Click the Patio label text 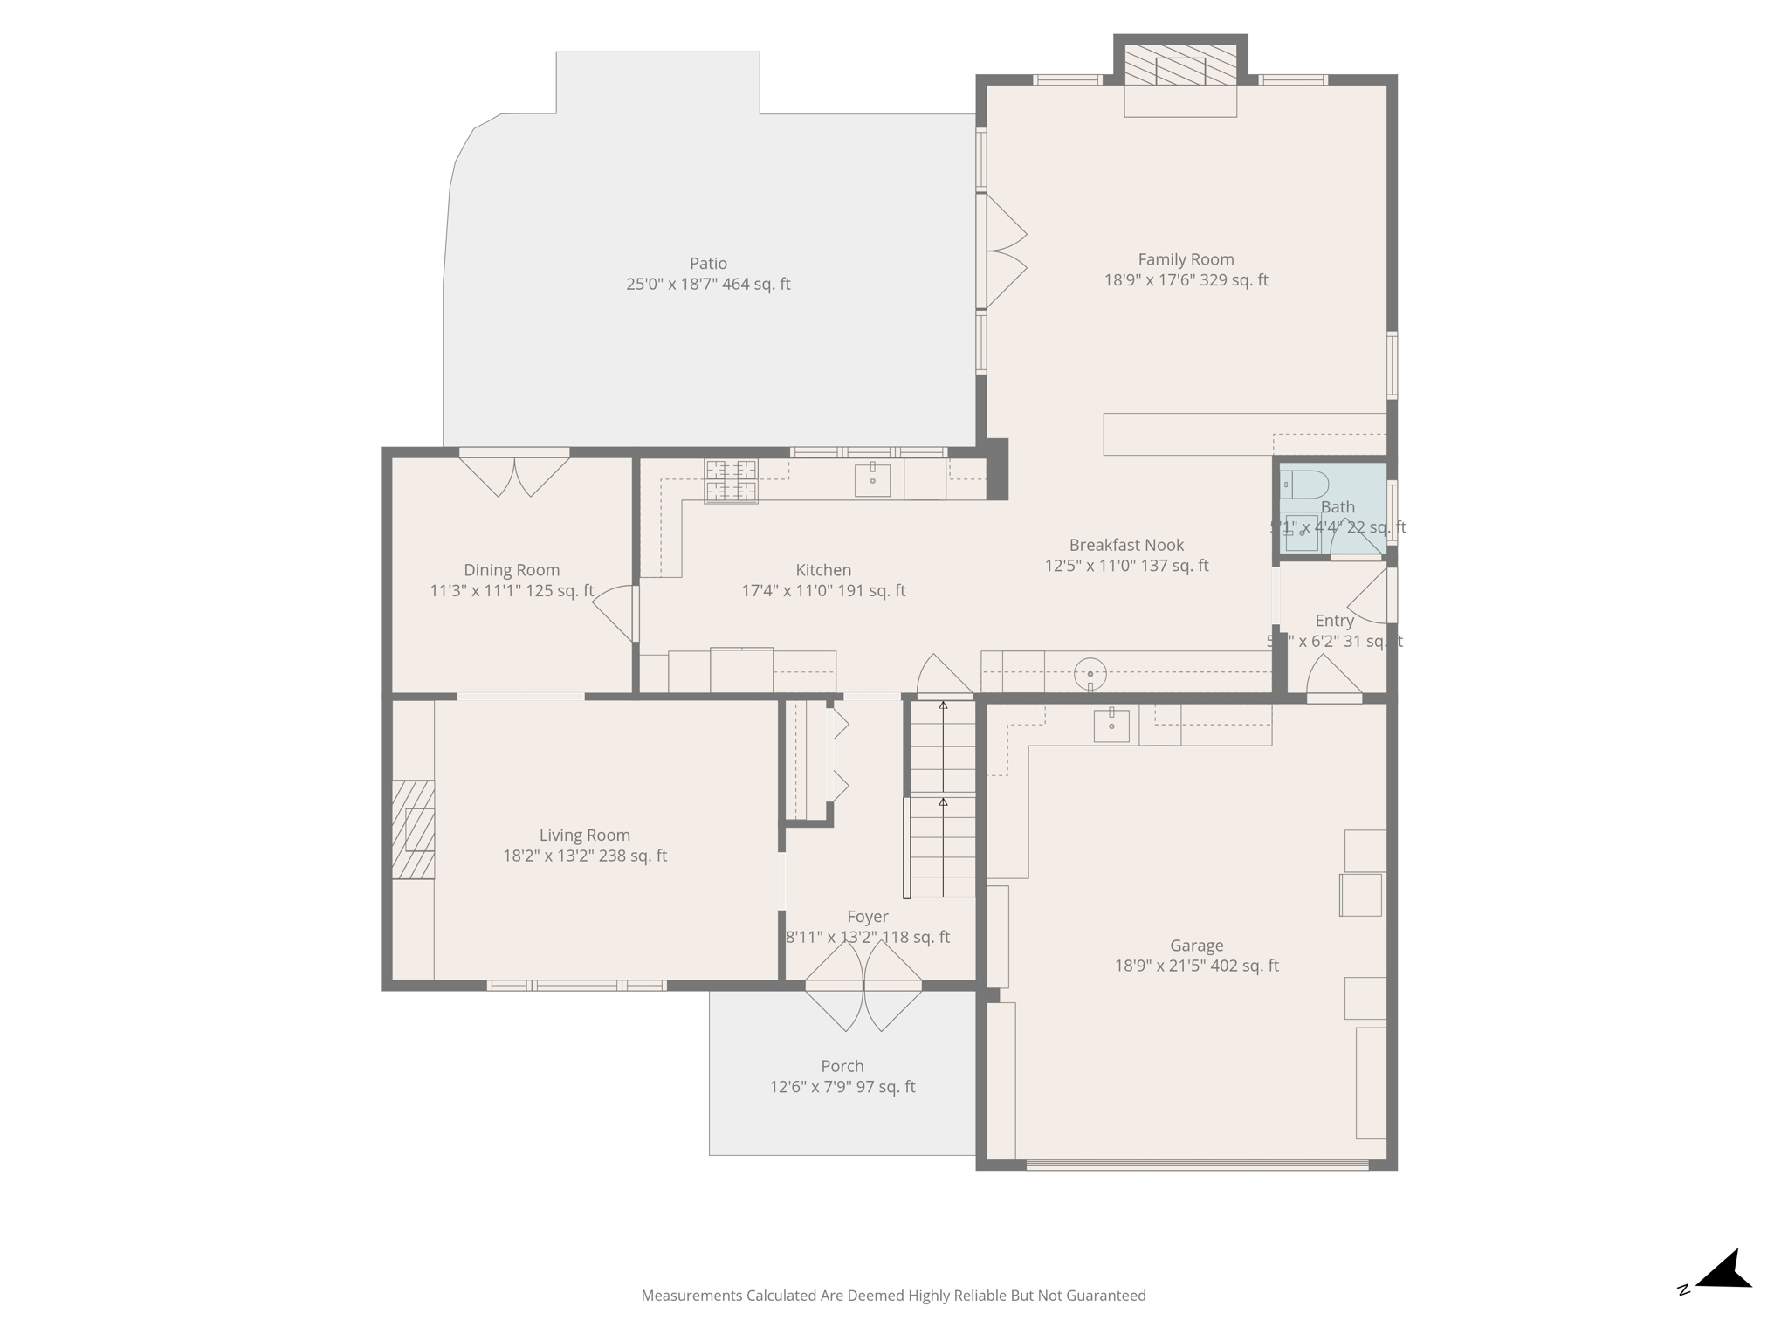pyautogui.click(x=708, y=264)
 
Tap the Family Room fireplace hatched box pyautogui.click(x=1180, y=66)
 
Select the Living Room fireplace pyautogui.click(x=414, y=829)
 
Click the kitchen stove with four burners pyautogui.click(x=731, y=481)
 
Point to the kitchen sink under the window pyautogui.click(x=872, y=480)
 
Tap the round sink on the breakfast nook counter pyautogui.click(x=1090, y=674)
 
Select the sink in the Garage pyautogui.click(x=1111, y=726)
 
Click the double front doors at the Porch pyautogui.click(x=863, y=987)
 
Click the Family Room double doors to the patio pyautogui.click(x=1004, y=251)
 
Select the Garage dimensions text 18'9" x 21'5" pyautogui.click(x=1196, y=966)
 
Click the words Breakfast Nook pyautogui.click(x=1126, y=545)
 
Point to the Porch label pyautogui.click(x=842, y=1066)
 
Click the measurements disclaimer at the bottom pyautogui.click(x=893, y=1296)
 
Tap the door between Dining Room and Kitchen pyautogui.click(x=618, y=612)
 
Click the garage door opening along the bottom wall pyautogui.click(x=1197, y=1165)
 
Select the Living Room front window pyautogui.click(x=576, y=986)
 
